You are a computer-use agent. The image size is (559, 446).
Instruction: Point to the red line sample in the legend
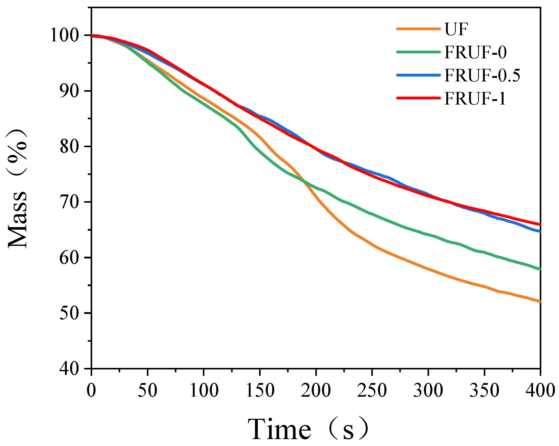[x=418, y=98]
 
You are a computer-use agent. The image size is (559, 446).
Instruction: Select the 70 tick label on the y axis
[x=69, y=202]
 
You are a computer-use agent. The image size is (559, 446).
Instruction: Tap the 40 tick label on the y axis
[x=69, y=368]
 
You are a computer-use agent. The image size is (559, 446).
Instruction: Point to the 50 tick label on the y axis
[x=69, y=313]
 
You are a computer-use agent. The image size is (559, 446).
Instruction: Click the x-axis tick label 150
[x=260, y=391]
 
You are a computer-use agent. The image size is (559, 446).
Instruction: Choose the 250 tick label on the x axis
[x=372, y=391]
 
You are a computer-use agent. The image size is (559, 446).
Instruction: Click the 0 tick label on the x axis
[x=91, y=391]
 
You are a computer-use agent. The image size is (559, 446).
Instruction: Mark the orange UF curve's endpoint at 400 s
[x=540, y=301]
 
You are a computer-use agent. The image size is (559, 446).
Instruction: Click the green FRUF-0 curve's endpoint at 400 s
[x=540, y=269]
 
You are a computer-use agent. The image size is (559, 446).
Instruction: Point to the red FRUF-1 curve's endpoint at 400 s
[x=540, y=225]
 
